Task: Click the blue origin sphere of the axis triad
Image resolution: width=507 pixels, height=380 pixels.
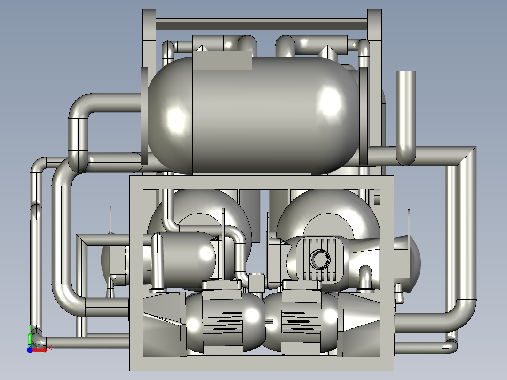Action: click(x=30, y=350)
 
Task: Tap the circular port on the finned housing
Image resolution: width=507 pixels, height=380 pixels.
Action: click(x=320, y=259)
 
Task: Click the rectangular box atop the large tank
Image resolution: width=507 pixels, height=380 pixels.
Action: click(x=222, y=60)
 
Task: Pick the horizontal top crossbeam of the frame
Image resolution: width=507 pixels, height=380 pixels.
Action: click(x=261, y=24)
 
